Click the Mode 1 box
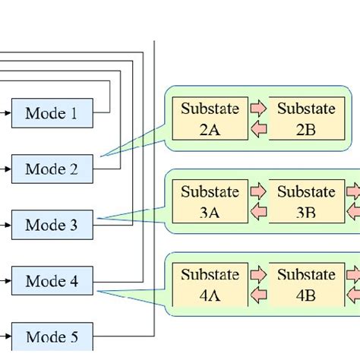pyautogui.click(x=52, y=114)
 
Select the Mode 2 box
pyautogui.click(x=52, y=169)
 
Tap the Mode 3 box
pyautogui.click(x=52, y=225)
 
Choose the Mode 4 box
pyautogui.click(x=52, y=281)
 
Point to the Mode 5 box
pyautogui.click(x=52, y=336)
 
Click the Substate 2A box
pyautogui.click(x=210, y=118)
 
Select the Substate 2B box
pyautogui.click(x=305, y=118)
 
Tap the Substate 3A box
pyautogui.click(x=210, y=202)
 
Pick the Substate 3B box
pyautogui.click(x=305, y=202)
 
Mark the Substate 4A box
pyautogui.click(x=210, y=285)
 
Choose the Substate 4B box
pyautogui.click(x=305, y=285)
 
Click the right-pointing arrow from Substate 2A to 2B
pyautogui.click(x=258, y=109)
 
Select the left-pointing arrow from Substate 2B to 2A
pyautogui.click(x=258, y=129)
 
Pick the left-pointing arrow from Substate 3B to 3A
pyautogui.click(x=258, y=213)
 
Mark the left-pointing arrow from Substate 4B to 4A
pyautogui.click(x=258, y=295)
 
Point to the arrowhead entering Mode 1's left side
pyautogui.click(x=8, y=114)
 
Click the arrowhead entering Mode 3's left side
pyautogui.click(x=8, y=225)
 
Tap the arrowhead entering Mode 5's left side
pyautogui.click(x=8, y=336)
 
